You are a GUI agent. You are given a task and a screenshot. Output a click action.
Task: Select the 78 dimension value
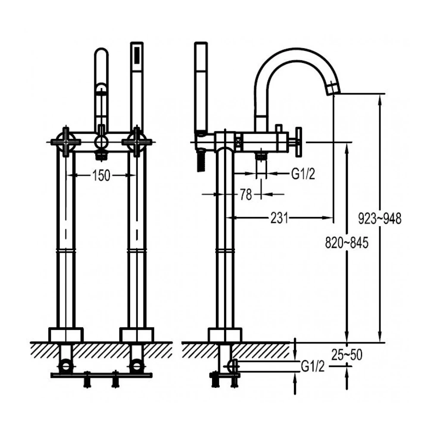coord(245,195)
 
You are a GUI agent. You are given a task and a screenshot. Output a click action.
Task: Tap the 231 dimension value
coord(279,219)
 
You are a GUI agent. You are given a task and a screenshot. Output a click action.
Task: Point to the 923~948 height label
coord(380,219)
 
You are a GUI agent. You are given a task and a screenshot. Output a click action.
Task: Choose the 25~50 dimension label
coord(347,355)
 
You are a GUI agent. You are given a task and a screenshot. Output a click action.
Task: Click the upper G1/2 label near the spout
coord(303,174)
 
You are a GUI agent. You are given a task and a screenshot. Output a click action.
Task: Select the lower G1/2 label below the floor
coord(312,367)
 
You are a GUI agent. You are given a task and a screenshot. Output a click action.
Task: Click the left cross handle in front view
coord(66,141)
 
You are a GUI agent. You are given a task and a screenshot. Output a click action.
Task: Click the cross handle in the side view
coord(296,141)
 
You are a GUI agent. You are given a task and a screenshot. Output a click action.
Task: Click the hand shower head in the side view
coord(201,86)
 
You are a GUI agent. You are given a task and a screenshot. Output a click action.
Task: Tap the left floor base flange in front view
coord(66,335)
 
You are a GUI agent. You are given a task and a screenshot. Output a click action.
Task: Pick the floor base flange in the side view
coord(225,335)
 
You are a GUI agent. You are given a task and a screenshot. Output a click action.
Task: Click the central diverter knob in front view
coord(101,142)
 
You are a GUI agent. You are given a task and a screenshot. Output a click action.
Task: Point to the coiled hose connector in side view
coord(200,162)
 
